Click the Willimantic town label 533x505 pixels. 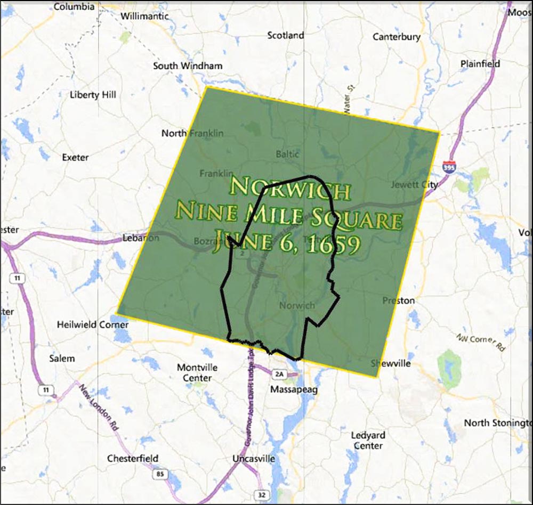coord(144,16)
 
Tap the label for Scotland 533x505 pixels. coord(285,36)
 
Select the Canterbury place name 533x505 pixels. coord(396,37)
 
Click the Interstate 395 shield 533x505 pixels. coord(449,167)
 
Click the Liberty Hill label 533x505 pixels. coord(93,95)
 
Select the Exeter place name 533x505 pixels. coord(75,158)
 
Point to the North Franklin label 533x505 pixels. coord(192,133)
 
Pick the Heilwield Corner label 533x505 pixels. coord(93,324)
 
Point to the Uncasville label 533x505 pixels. coord(254,459)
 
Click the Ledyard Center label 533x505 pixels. coord(368,441)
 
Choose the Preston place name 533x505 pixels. coord(398,300)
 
